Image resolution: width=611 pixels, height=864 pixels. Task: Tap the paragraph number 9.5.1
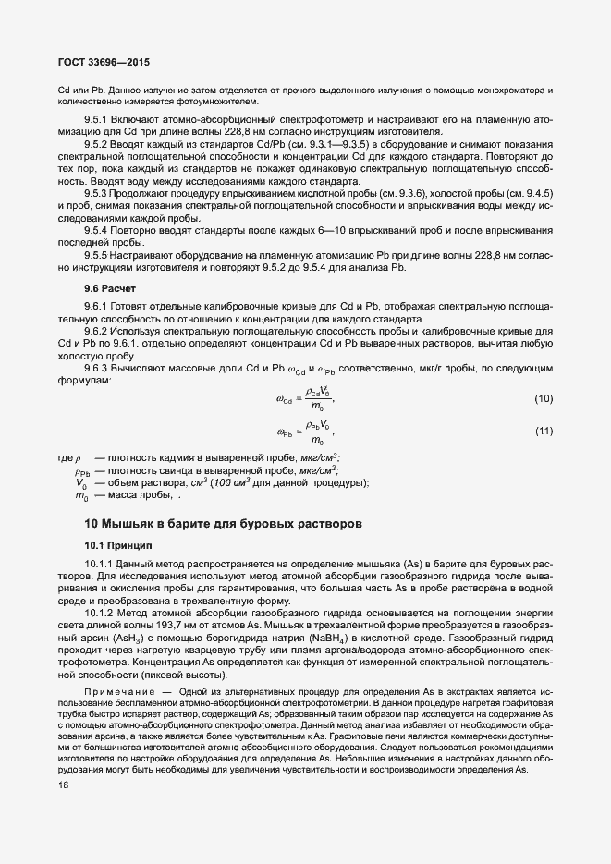tap(97, 121)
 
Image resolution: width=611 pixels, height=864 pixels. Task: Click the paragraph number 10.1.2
tap(101, 612)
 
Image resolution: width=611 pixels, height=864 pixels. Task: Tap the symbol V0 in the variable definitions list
tap(80, 483)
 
